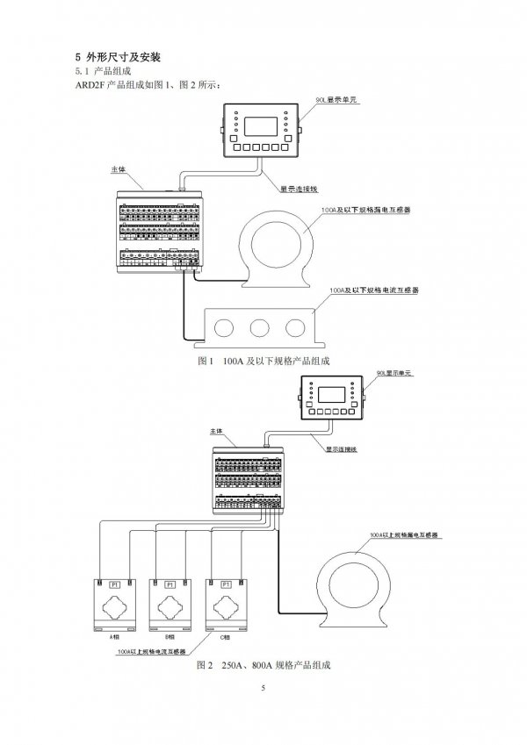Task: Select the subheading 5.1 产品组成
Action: pyautogui.click(x=104, y=70)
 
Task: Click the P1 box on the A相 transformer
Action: pyautogui.click(x=113, y=584)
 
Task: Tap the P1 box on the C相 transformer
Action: pyautogui.click(x=226, y=584)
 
